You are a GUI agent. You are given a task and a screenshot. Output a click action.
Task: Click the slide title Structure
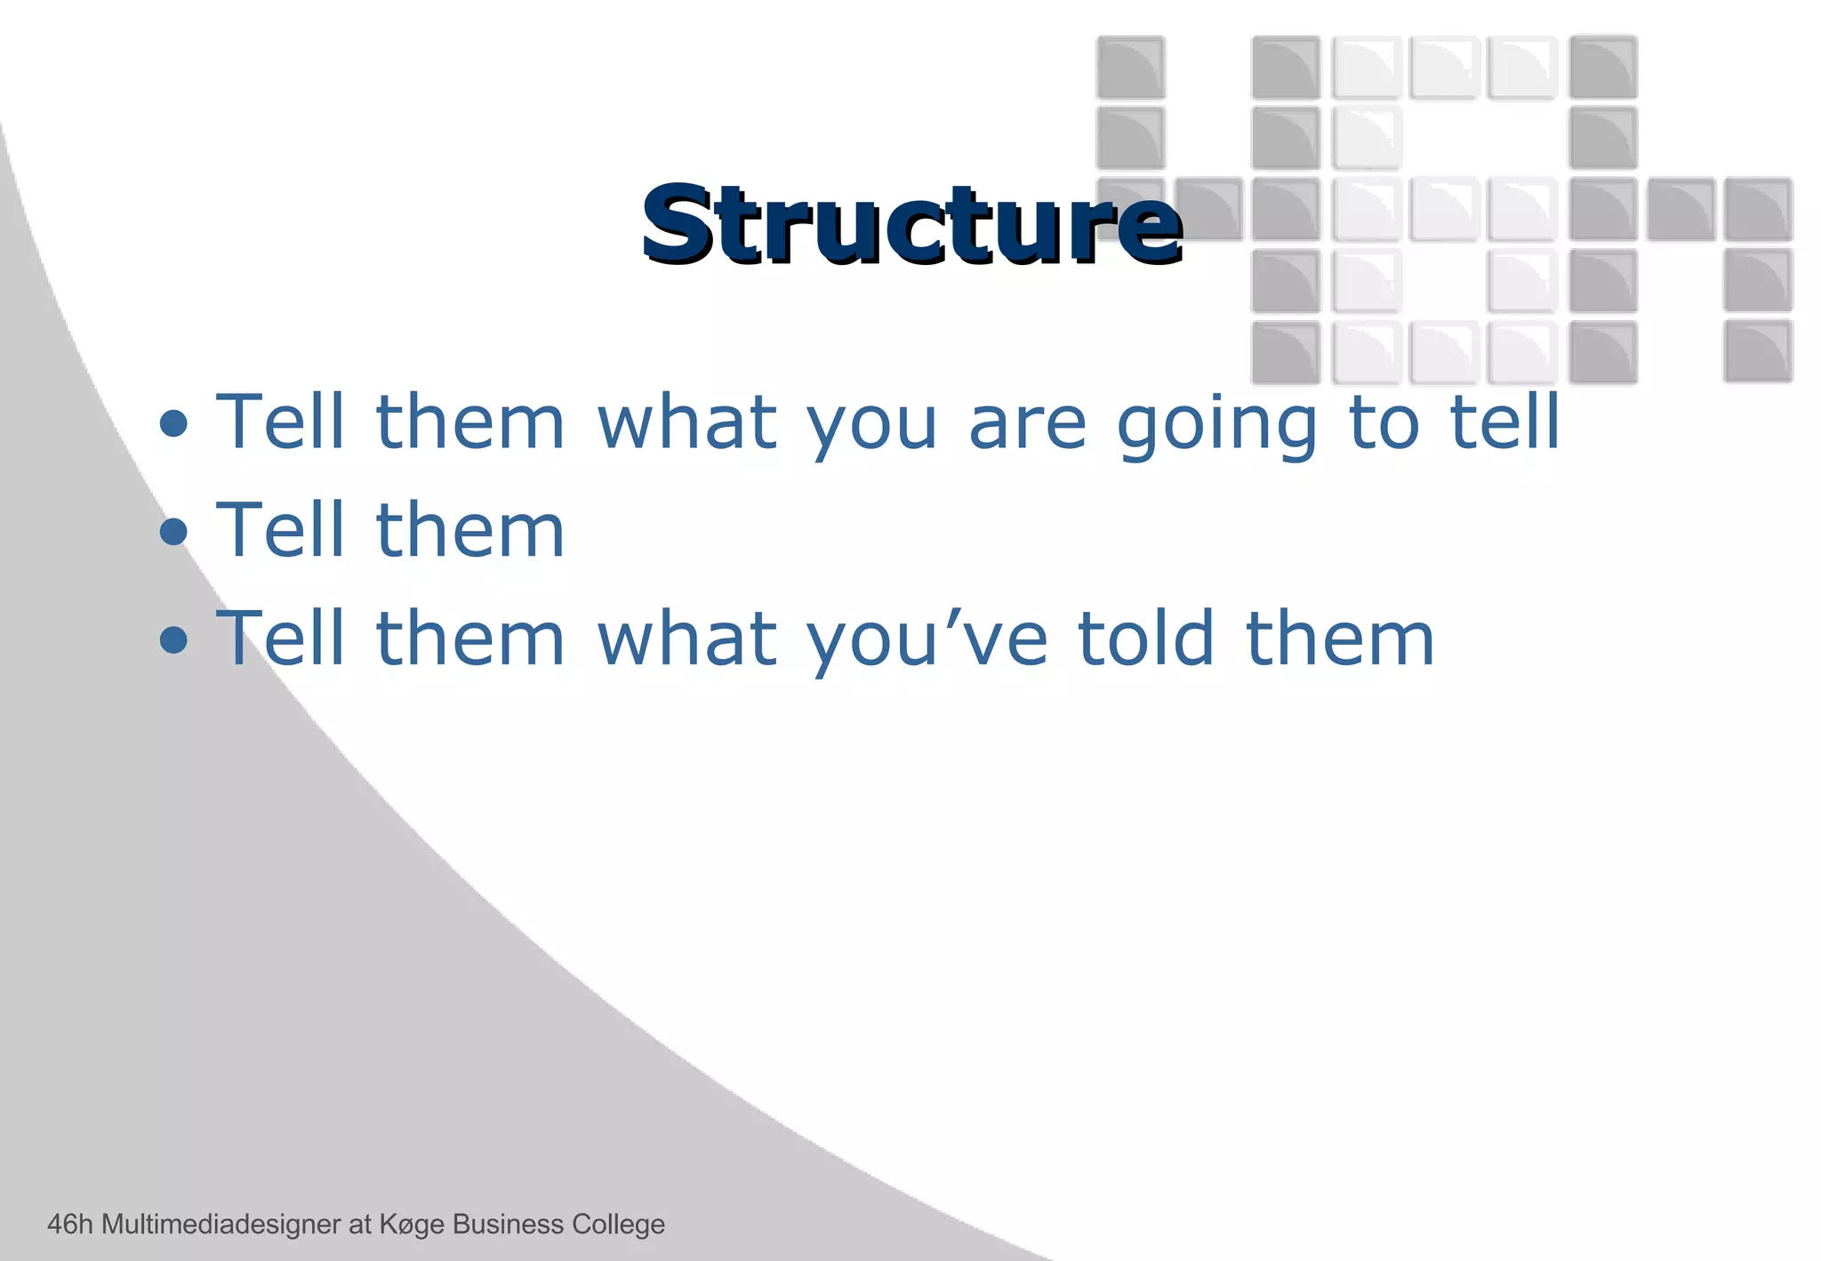[x=911, y=224]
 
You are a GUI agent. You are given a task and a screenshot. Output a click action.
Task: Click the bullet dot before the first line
[x=173, y=424]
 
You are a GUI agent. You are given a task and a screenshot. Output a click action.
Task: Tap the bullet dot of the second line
[x=173, y=532]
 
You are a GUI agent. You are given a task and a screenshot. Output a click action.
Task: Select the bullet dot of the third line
[x=173, y=639]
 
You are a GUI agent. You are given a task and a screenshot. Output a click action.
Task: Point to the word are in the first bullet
[x=1027, y=425]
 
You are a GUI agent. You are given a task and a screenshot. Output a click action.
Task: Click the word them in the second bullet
[x=470, y=531]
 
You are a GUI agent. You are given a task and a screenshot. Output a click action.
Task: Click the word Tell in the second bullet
[x=280, y=531]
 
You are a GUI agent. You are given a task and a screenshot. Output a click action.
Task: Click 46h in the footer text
[x=69, y=1225]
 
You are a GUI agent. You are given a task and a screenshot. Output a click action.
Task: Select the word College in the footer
[x=618, y=1225]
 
